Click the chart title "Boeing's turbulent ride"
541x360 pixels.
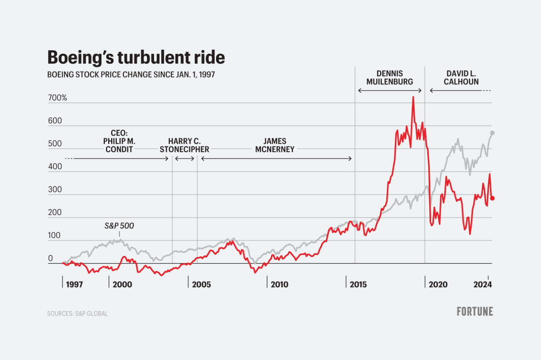click(136, 57)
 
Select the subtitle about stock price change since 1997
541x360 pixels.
click(131, 75)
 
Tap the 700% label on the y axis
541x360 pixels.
click(57, 98)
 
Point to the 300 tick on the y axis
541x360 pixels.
click(55, 190)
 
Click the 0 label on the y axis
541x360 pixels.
click(51, 258)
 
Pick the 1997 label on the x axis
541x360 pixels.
click(74, 285)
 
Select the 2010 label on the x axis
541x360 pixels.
click(280, 285)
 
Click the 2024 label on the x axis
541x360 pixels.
click(482, 285)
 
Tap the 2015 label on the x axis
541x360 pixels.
click(358, 285)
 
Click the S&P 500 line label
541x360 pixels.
click(119, 226)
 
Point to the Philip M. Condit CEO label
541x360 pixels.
click(119, 141)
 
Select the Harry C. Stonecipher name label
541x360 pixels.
click(184, 145)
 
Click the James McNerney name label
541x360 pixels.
click(275, 145)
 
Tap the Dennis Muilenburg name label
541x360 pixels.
click(390, 78)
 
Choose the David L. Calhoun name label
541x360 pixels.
click(461, 78)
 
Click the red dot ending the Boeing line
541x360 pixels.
click(492, 198)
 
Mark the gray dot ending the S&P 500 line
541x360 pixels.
click(492, 133)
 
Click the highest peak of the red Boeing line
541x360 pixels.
click(413, 97)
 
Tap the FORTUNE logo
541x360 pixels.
click(475, 312)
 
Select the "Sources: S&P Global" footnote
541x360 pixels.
click(77, 313)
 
